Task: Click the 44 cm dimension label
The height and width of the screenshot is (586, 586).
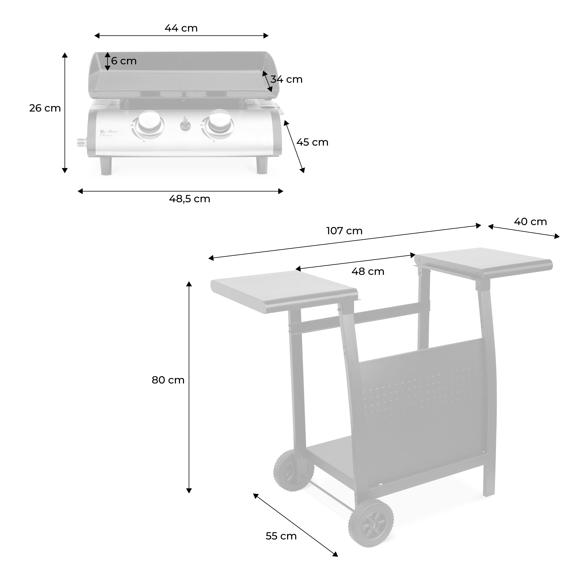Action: tap(181, 28)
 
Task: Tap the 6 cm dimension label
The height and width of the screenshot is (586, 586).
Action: tap(124, 61)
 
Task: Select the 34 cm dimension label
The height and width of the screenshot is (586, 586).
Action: tap(286, 80)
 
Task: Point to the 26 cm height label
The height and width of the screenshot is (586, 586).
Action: tap(45, 108)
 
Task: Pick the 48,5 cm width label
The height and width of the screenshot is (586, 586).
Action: tap(189, 199)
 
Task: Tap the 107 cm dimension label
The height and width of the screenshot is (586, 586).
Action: tap(344, 231)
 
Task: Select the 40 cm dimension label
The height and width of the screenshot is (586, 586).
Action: tap(530, 222)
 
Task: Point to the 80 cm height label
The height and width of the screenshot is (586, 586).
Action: tap(168, 380)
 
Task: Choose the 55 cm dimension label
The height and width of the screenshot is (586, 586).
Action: tap(281, 536)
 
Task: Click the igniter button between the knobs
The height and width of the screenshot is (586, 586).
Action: tap(184, 124)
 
